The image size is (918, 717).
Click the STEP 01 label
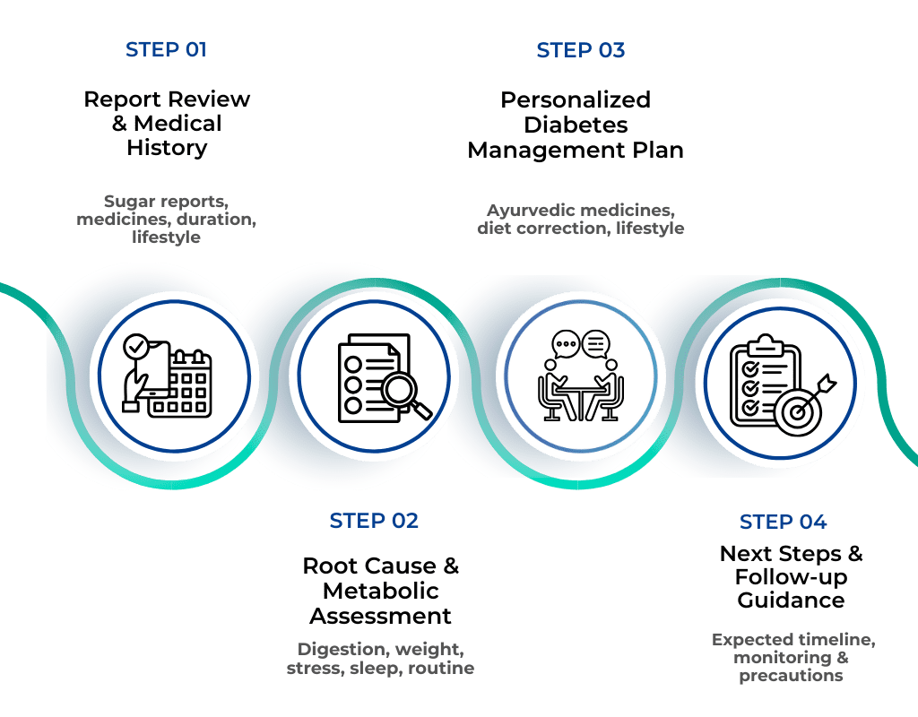click(x=166, y=49)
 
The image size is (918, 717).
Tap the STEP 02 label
click(x=373, y=521)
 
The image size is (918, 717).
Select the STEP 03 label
click(x=580, y=50)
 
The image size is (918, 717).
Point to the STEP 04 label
click(x=783, y=522)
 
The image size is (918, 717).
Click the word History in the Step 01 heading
click(x=167, y=148)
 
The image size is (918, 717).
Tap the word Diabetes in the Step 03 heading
click(x=576, y=124)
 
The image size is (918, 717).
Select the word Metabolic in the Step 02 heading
click(x=380, y=592)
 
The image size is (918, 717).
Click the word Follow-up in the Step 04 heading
click(x=791, y=577)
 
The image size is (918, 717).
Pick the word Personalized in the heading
click(x=576, y=99)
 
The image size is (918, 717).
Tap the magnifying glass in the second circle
click(x=404, y=392)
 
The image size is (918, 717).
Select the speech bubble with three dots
click(x=565, y=342)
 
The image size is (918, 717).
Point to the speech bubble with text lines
click(x=596, y=342)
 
